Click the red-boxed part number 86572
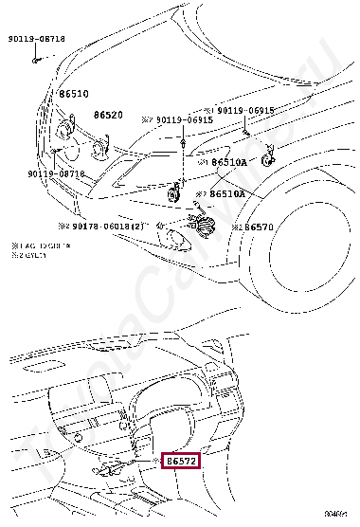[x=181, y=461]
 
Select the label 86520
[x=108, y=115]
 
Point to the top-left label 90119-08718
[x=37, y=39]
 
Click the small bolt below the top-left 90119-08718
[x=35, y=59]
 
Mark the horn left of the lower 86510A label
[x=173, y=193]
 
